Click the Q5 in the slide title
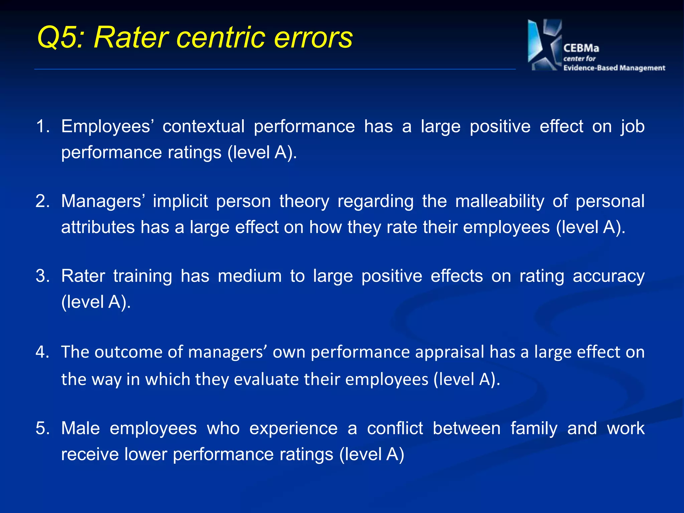click(x=59, y=37)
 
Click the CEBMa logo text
click(x=581, y=48)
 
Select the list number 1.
click(x=42, y=127)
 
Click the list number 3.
click(x=42, y=276)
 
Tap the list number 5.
click(x=42, y=428)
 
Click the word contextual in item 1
click(x=203, y=127)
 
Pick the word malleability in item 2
click(x=500, y=201)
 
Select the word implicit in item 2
click(x=180, y=201)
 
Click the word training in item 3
click(x=143, y=276)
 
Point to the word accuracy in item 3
click(x=609, y=276)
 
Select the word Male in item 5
click(x=80, y=428)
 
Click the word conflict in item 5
click(x=395, y=428)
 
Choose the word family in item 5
click(x=534, y=428)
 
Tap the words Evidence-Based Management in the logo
click(x=614, y=68)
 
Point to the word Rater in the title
click(x=131, y=37)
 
